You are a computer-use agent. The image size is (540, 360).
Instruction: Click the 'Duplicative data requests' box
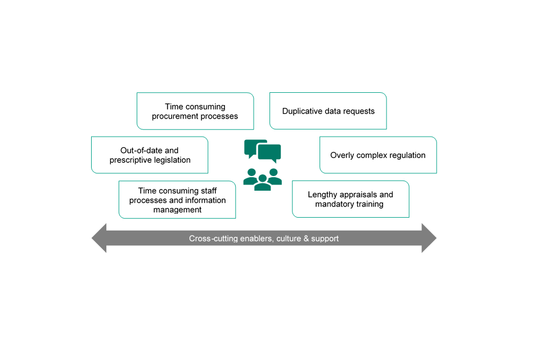[328, 111]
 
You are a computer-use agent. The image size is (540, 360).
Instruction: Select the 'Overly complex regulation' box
[378, 155]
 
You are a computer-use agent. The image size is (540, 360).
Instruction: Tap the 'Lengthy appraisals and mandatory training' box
[350, 199]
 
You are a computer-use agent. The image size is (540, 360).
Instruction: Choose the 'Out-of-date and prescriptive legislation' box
[150, 155]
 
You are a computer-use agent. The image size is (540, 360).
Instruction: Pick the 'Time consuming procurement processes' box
[195, 111]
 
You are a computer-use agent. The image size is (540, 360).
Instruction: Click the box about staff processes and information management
[177, 200]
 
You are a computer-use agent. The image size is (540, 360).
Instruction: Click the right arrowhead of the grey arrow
[429, 238]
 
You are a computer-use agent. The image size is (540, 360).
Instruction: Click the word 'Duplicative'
[303, 111]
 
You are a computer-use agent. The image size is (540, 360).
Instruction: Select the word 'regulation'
[405, 155]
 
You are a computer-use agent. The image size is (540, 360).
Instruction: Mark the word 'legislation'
[169, 160]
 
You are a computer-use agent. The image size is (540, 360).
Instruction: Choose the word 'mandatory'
[334, 204]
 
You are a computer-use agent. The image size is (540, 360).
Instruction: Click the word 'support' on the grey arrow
[326, 238]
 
